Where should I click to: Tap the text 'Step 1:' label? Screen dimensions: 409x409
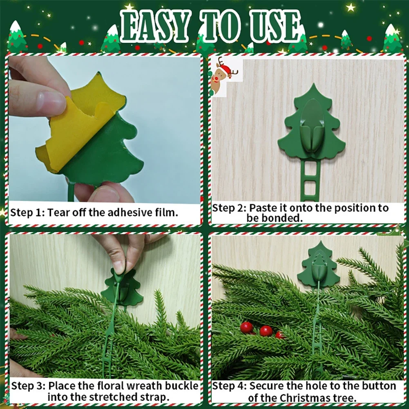[27, 213]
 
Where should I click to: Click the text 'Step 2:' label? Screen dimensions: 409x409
[229, 208]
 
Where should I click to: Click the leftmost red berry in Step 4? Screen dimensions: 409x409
[246, 327]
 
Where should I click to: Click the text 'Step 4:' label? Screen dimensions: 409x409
[229, 386]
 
